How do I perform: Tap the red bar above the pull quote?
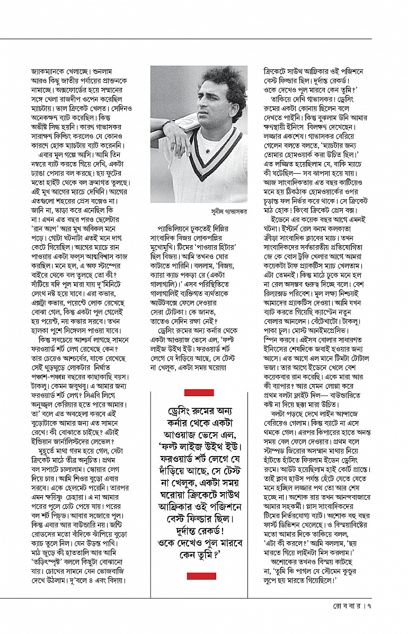pos(199,392)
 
